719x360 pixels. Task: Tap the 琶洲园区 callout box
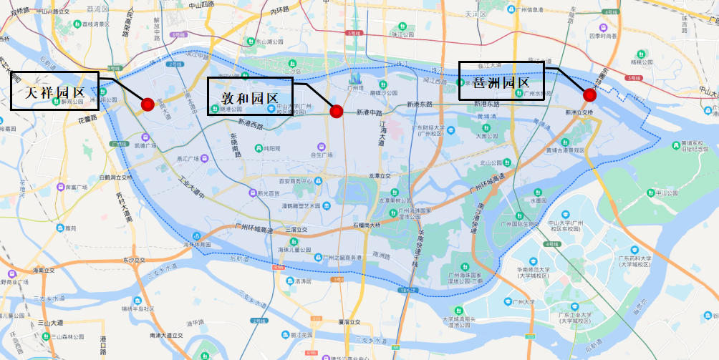(501, 81)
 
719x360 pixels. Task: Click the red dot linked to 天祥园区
(148, 104)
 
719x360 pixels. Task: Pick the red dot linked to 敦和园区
(336, 110)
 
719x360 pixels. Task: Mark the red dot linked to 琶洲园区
(589, 94)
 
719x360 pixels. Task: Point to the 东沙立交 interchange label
(134, 260)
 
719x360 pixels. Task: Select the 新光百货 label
(269, 193)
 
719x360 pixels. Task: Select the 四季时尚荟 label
(602, 36)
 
